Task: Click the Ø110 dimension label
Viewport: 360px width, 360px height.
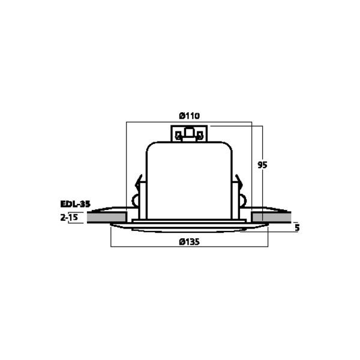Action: pyautogui.click(x=189, y=116)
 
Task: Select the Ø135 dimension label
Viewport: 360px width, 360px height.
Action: pyautogui.click(x=189, y=242)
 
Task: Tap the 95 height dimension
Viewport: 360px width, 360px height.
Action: pyautogui.click(x=262, y=165)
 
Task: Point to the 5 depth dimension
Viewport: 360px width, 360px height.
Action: pyautogui.click(x=297, y=228)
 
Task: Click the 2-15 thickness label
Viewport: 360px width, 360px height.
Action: pyautogui.click(x=69, y=217)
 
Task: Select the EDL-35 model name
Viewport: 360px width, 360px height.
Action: pyautogui.click(x=76, y=204)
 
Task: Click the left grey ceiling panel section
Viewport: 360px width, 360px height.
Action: pyautogui.click(x=107, y=217)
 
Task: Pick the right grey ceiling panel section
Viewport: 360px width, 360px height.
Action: pyautogui.click(x=271, y=217)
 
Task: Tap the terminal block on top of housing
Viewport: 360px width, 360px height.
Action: pyautogui.click(x=189, y=134)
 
